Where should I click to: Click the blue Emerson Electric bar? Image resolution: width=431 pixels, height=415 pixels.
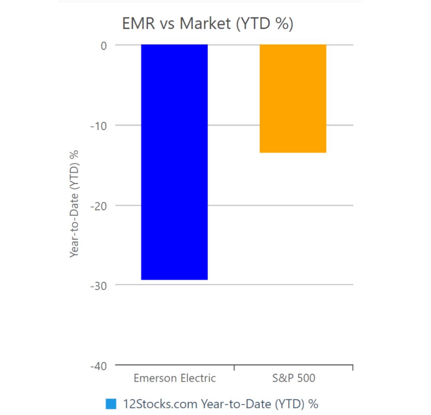click(174, 162)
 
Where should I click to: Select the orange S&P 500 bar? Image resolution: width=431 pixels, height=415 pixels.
click(293, 98)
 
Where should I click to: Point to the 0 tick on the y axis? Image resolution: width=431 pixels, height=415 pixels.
click(103, 45)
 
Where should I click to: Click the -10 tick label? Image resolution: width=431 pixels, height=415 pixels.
click(98, 126)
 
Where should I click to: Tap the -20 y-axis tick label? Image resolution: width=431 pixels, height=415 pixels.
click(98, 206)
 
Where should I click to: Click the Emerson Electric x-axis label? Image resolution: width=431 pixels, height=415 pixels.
click(175, 378)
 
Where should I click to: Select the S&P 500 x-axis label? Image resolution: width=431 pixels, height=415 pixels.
click(294, 378)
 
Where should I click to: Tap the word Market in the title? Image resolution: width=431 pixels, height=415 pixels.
click(205, 24)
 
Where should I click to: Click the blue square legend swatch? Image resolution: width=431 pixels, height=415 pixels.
click(111, 404)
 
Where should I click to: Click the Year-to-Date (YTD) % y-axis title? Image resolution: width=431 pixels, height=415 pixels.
click(75, 204)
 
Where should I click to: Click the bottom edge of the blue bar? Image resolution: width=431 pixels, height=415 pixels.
click(174, 279)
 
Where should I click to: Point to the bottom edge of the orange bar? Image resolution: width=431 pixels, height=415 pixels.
click(293, 152)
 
